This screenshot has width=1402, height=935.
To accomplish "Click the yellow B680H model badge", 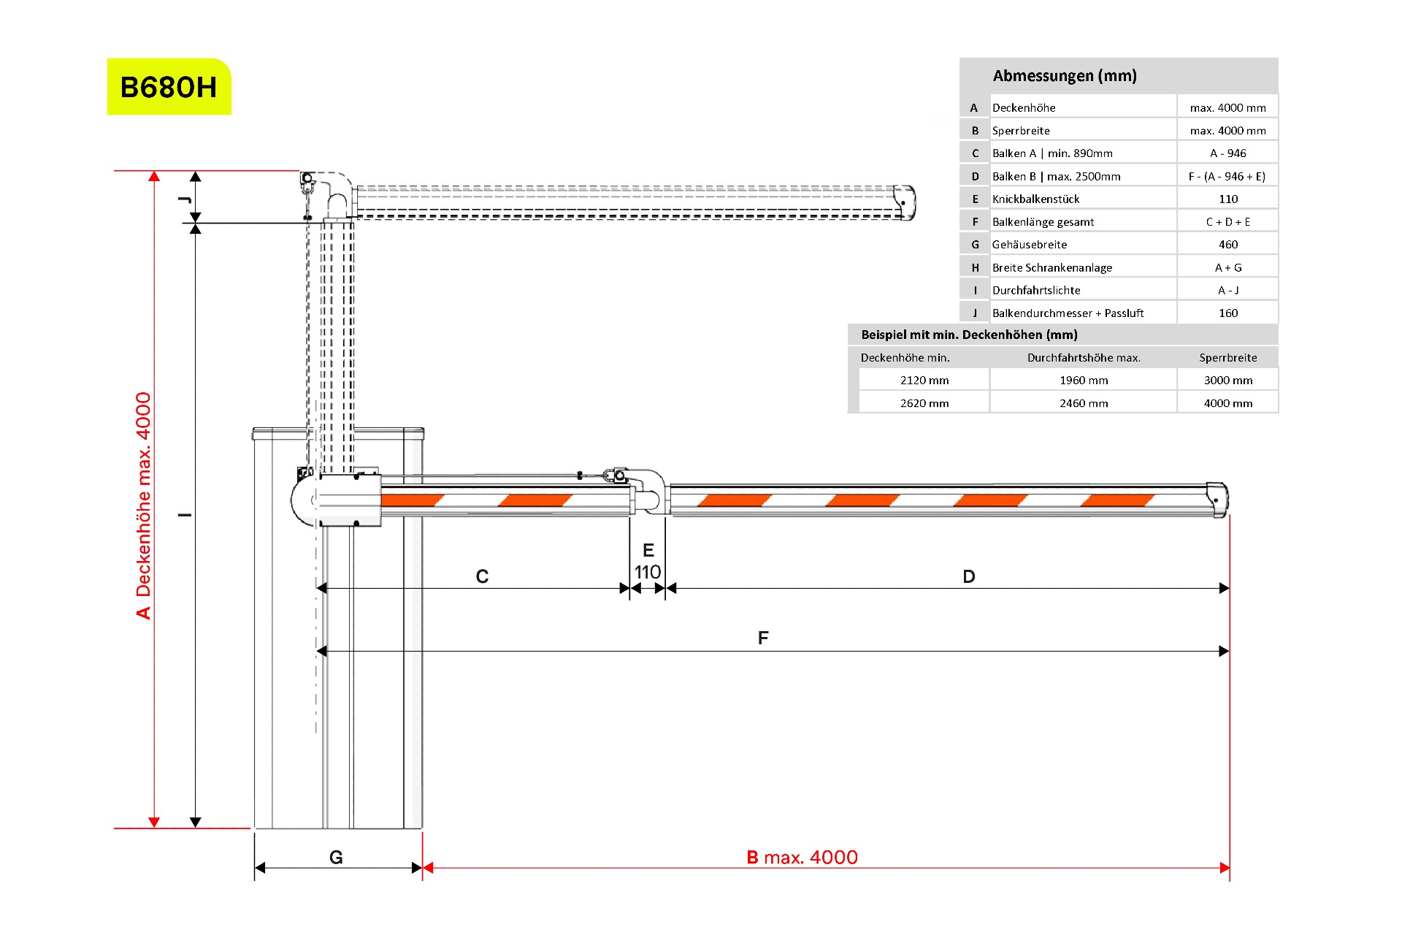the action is [169, 87].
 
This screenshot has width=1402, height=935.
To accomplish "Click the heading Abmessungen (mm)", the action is [1065, 76].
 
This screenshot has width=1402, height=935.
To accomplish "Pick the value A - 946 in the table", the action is [1228, 153].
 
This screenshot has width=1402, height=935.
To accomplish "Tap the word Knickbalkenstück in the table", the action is [1035, 199].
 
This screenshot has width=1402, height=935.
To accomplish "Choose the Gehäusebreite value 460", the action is [1228, 245].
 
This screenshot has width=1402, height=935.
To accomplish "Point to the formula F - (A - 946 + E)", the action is [1227, 177].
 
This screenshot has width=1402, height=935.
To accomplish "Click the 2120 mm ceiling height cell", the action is [924, 381].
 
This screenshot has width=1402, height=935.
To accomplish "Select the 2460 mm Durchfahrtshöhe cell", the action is [1084, 403].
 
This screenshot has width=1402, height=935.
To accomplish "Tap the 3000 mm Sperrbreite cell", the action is [1228, 381].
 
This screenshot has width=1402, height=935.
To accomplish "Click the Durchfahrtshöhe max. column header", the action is [1084, 358].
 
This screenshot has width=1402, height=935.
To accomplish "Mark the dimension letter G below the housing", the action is [336, 858].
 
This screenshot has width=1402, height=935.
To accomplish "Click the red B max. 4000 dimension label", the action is [802, 858].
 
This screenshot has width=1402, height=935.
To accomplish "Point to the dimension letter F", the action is [763, 638].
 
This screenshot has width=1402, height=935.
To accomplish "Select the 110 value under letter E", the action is [648, 572].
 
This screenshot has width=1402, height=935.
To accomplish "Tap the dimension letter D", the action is [969, 577].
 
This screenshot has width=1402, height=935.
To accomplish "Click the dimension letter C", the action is [482, 577].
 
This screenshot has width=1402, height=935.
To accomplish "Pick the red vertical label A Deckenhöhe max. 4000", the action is [144, 505].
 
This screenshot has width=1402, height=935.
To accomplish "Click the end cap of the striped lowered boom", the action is [1217, 500].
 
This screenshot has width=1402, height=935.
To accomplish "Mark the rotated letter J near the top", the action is [185, 199].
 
